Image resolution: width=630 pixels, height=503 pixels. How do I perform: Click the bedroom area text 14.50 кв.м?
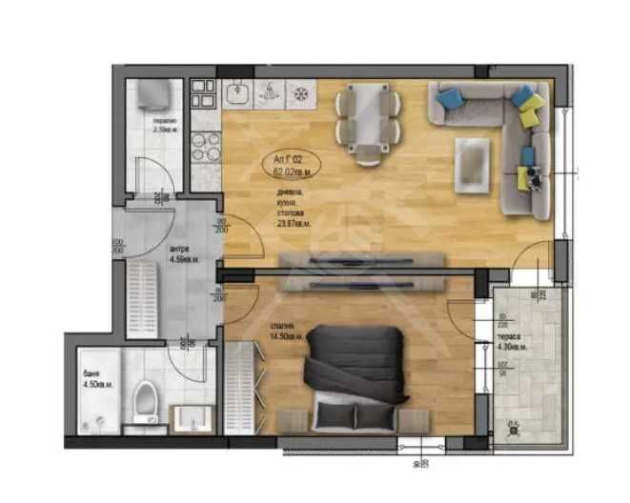(286, 336)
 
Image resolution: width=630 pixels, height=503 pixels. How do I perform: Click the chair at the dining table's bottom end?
(367, 152)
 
